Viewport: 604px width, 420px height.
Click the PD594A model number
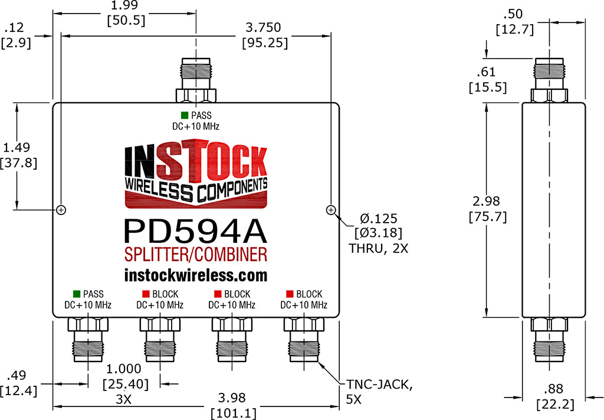195,232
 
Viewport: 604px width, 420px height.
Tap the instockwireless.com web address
196,275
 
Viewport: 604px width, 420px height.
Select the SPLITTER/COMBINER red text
196,255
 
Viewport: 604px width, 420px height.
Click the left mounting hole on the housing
61,210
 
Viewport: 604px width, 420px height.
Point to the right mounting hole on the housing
331,210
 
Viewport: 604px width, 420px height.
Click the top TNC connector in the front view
196,80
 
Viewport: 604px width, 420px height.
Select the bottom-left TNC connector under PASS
88,340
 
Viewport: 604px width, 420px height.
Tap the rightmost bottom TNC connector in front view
304,340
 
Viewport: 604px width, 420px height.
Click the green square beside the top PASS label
185,115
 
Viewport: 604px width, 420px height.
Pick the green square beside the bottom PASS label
76,294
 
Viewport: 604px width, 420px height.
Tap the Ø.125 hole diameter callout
378,219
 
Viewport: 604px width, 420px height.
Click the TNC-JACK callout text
379,385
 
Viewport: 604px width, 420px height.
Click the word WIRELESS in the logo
159,189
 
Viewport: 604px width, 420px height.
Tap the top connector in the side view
549,80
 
